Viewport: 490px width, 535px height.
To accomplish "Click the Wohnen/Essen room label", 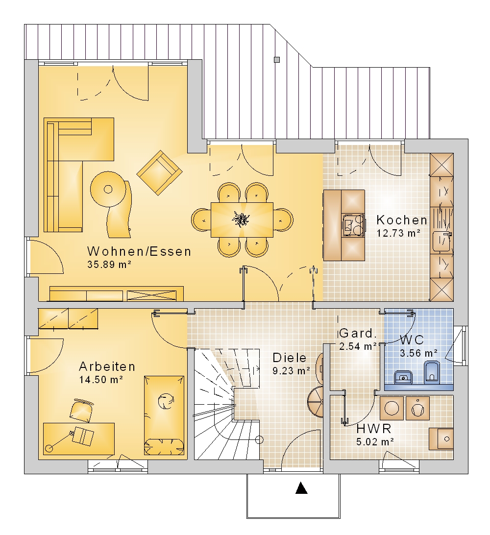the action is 139,251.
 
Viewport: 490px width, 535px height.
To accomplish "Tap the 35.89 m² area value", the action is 110,265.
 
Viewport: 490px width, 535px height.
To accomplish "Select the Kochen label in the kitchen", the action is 402,220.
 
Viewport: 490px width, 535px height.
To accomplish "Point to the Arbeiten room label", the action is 107,366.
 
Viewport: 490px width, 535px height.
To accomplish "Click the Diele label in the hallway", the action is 290,358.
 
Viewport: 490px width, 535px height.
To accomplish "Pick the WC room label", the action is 412,340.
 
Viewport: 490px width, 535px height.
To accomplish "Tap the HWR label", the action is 374,429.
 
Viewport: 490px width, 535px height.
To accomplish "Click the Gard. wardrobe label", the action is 358,333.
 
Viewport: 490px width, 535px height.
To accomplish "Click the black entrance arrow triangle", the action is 301,488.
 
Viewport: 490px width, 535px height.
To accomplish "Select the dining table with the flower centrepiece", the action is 242,219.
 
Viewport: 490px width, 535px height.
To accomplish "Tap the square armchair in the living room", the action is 159,173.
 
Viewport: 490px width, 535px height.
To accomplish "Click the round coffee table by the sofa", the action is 108,189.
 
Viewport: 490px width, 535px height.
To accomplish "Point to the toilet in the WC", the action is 432,372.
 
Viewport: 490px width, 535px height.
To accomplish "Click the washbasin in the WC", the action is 403,377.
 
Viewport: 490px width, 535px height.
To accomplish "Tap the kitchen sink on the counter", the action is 441,241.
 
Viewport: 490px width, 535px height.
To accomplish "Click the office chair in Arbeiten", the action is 81,411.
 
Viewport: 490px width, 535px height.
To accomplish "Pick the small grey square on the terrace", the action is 277,60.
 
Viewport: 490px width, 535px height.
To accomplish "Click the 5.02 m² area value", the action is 375,442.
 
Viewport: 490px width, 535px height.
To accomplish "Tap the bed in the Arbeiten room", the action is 164,415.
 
